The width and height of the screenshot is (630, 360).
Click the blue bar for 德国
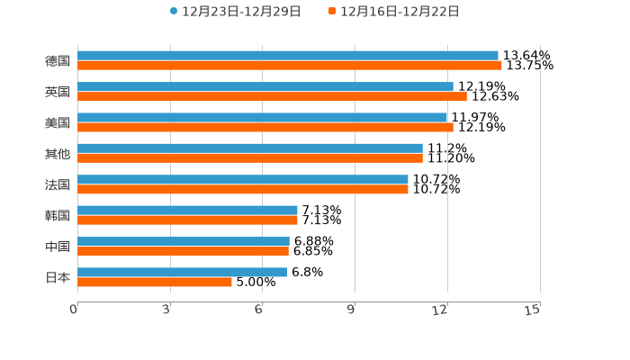pyautogui.click(x=288, y=56)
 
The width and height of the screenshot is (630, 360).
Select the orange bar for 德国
pyautogui.click(x=290, y=66)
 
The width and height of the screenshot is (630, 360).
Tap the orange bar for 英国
pyautogui.click(x=272, y=96)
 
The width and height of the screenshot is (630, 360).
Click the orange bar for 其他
pyautogui.click(x=250, y=158)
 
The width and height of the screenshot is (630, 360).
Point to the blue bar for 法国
pyautogui.click(x=243, y=179)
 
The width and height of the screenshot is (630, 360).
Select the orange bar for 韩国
pyautogui.click(x=187, y=220)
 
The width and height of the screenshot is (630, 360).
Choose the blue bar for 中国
pyautogui.click(x=184, y=241)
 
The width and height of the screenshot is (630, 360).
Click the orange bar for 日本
pyautogui.click(x=155, y=283)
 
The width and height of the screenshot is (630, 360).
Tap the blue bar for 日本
pyautogui.click(x=183, y=272)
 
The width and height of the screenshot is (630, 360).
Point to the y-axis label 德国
pyautogui.click(x=58, y=61)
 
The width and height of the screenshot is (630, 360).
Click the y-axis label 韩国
pyautogui.click(x=58, y=216)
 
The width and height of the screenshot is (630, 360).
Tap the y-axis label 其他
pyautogui.click(x=58, y=154)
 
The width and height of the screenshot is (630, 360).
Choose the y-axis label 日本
pyautogui.click(x=58, y=277)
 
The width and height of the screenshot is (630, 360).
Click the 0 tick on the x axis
pyautogui.click(x=75, y=310)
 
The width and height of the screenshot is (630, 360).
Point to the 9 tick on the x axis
pyautogui.click(x=352, y=310)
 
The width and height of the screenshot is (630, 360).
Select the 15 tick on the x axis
pyautogui.click(x=533, y=310)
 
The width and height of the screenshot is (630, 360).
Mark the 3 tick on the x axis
pyautogui.click(x=167, y=310)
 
